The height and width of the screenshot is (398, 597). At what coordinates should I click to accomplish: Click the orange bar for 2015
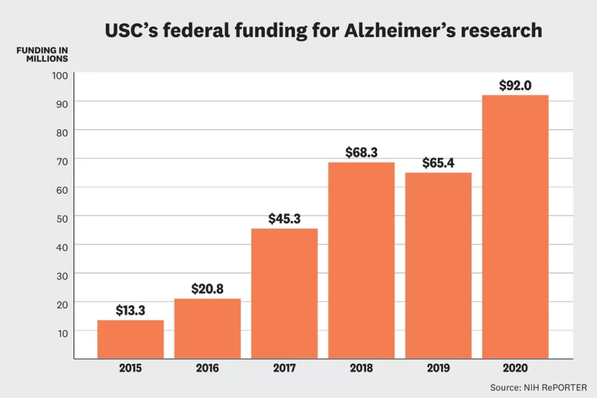[x=130, y=339]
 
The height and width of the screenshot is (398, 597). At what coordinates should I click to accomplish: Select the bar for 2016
[x=207, y=329]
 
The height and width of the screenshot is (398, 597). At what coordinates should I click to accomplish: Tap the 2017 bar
[x=284, y=293]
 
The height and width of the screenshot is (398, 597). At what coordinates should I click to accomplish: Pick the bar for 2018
[x=361, y=260]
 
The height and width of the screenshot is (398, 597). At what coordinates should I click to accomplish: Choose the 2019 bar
[x=438, y=265]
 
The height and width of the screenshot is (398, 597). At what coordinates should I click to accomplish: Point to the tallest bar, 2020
[x=515, y=227]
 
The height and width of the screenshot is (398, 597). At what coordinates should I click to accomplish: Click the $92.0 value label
[x=515, y=85]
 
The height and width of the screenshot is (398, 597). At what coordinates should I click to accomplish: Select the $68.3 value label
[x=361, y=152]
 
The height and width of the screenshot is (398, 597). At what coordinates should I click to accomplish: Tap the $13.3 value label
[x=131, y=310]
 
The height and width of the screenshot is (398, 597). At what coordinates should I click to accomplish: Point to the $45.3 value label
[x=285, y=219]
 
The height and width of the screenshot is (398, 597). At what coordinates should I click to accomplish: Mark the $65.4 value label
[x=438, y=163]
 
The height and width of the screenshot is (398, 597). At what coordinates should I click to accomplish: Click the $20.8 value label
[x=208, y=288]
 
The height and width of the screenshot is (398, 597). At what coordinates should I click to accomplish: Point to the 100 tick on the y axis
[x=62, y=75]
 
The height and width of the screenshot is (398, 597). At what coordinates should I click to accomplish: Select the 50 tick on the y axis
[x=62, y=217]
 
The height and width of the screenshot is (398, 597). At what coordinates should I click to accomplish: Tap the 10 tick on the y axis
[x=62, y=332]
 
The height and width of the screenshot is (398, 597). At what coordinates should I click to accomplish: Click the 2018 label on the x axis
[x=361, y=368]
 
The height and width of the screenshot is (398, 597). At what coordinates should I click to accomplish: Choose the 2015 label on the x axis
[x=130, y=368]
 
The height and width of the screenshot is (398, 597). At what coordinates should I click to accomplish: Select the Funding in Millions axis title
[x=42, y=54]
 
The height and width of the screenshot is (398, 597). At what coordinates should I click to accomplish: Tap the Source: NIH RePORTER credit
[x=539, y=387]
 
